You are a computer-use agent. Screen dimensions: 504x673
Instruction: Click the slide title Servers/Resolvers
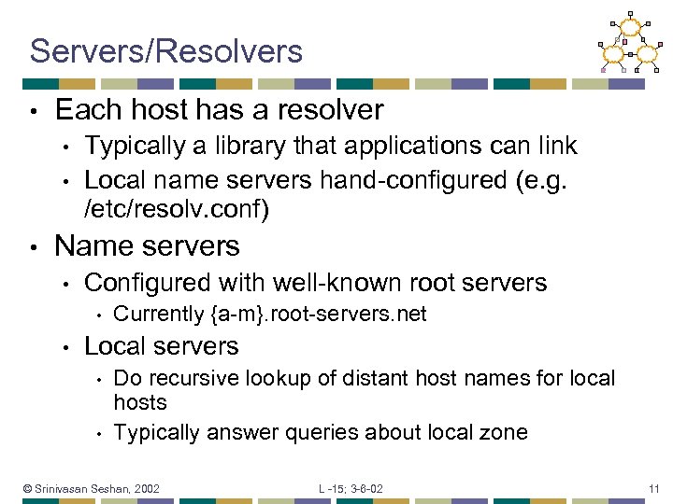pyautogui.click(x=166, y=51)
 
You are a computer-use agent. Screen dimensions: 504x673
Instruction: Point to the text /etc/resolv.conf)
pyautogui.click(x=178, y=210)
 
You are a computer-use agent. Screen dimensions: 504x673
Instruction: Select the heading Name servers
pyautogui.click(x=148, y=246)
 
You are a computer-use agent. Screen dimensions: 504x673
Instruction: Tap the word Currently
pyautogui.click(x=158, y=314)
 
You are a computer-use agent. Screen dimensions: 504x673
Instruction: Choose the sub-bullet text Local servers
pyautogui.click(x=162, y=346)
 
